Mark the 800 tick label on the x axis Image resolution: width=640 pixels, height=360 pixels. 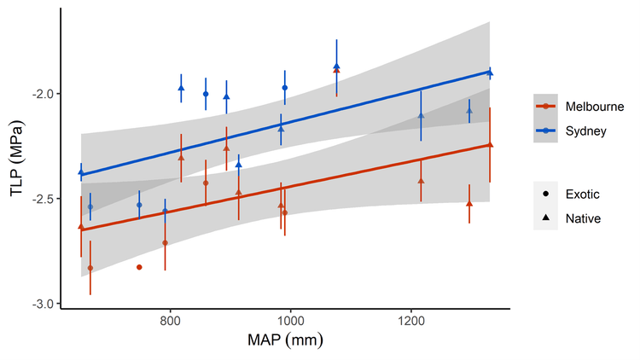169,321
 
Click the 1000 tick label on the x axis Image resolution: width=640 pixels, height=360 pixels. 290,321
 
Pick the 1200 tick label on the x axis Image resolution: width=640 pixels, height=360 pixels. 411,321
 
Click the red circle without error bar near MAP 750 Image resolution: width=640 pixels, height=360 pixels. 139,267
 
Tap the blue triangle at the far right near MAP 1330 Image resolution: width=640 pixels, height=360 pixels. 490,73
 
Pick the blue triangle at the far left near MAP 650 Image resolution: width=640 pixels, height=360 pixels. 81,172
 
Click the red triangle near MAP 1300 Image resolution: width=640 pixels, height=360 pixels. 469,203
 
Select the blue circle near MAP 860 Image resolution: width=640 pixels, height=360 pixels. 206,94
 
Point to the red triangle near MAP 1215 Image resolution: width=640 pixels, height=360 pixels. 421,181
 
